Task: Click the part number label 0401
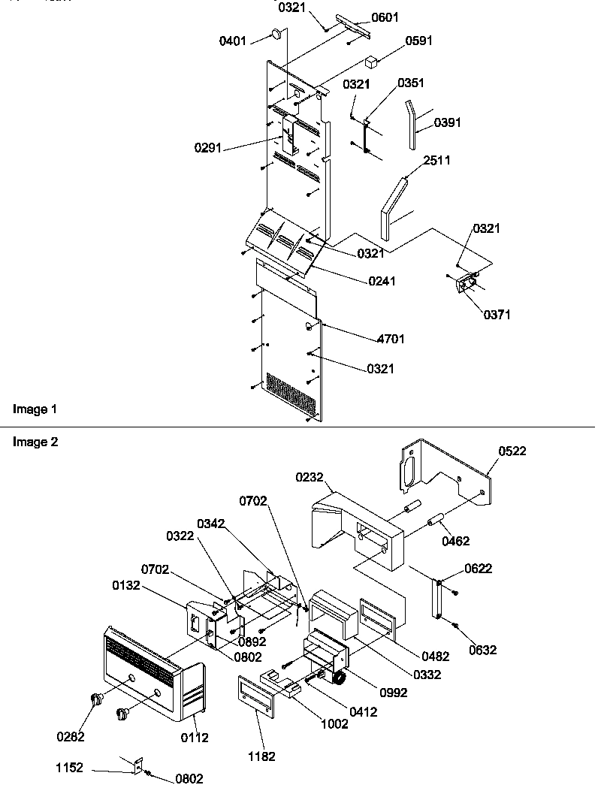pyautogui.click(x=232, y=41)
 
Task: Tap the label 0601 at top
pyautogui.click(x=385, y=17)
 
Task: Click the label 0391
pyautogui.click(x=448, y=122)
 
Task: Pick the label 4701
pyautogui.click(x=391, y=340)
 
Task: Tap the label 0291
pyautogui.click(x=208, y=149)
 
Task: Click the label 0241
pyautogui.click(x=382, y=281)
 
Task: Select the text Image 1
pyautogui.click(x=35, y=409)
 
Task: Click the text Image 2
pyautogui.click(x=35, y=442)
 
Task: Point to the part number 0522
pyautogui.click(x=512, y=451)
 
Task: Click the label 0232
pyautogui.click(x=309, y=476)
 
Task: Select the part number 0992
pyautogui.click(x=394, y=692)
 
